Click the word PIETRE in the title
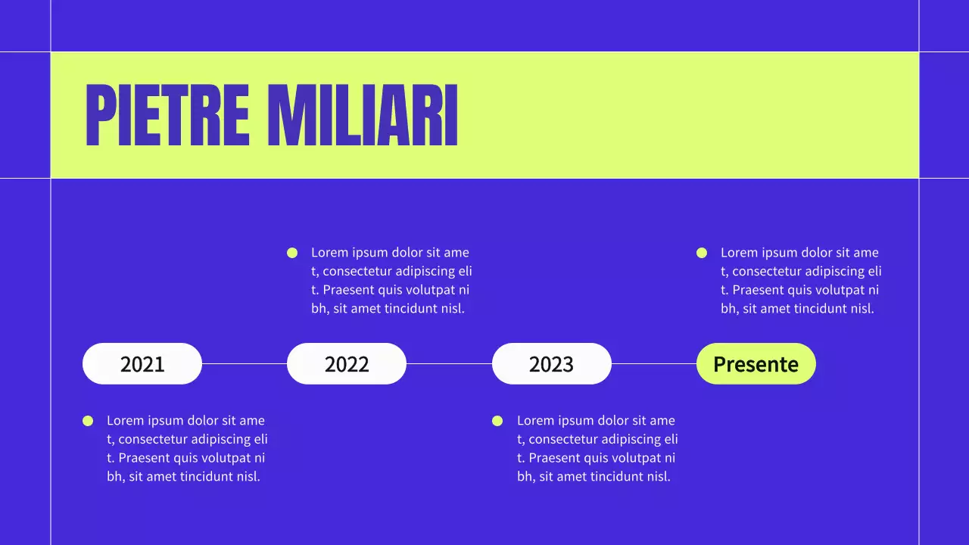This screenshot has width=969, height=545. point(167,115)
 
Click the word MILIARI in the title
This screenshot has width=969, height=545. point(363,115)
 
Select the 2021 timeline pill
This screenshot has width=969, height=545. point(142,364)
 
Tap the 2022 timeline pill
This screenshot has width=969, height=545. point(347,364)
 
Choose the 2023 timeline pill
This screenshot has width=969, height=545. point(551,364)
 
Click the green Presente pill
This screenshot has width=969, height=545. point(756,364)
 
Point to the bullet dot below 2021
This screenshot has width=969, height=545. point(88,421)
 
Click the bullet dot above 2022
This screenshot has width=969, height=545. point(292,253)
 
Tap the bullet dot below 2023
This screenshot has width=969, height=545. point(497,421)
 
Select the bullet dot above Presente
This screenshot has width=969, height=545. point(702,253)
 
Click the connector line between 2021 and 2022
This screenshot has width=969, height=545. point(244,363)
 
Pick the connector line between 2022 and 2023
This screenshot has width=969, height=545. point(449,363)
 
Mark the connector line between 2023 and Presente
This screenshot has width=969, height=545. point(653,363)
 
